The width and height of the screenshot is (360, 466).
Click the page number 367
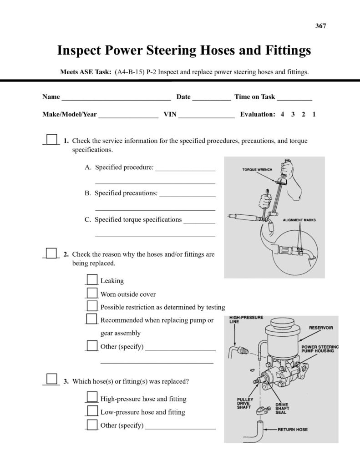(320, 26)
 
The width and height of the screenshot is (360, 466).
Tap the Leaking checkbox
(92, 280)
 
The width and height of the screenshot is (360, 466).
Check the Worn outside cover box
(92, 293)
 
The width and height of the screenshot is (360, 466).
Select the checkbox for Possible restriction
(92, 306)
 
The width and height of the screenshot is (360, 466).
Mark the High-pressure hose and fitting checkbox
(92, 398)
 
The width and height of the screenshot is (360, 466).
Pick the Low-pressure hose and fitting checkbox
(92, 411)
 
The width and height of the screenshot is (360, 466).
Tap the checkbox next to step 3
(52, 380)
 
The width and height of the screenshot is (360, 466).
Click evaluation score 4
(283, 114)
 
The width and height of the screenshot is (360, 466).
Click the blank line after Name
(116, 97)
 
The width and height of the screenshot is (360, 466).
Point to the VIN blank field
(206, 115)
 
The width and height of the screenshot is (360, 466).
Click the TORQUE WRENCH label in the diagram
(257, 170)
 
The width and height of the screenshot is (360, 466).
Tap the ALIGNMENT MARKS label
(299, 220)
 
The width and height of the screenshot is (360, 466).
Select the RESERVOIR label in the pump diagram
(321, 327)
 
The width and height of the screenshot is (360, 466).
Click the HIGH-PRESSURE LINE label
(246, 319)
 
